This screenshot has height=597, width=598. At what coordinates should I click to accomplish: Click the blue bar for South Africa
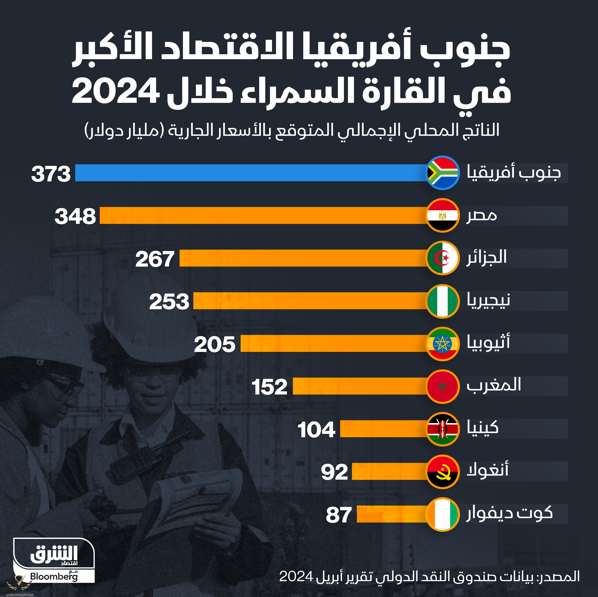[x=251, y=173]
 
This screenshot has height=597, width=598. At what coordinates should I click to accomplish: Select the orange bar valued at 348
[x=263, y=215]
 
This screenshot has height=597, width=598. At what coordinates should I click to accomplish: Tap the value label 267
[x=155, y=259]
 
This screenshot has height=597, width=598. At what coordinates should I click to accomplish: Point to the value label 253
[x=169, y=301]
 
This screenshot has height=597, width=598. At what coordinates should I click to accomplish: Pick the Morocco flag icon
[x=442, y=386]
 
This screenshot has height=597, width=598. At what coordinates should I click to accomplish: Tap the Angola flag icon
[x=442, y=472]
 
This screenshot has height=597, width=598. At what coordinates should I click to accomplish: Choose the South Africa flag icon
[x=442, y=173]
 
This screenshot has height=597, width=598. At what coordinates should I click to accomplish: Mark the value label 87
[x=339, y=515]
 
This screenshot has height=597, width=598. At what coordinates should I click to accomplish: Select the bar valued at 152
[x=359, y=386]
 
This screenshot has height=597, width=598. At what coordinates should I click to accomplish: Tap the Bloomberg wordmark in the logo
[x=54, y=577]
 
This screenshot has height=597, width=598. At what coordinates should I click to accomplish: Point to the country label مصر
[x=482, y=215]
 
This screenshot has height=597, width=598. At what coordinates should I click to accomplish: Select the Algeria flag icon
[x=442, y=258]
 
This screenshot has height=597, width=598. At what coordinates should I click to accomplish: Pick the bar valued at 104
[x=383, y=429]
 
